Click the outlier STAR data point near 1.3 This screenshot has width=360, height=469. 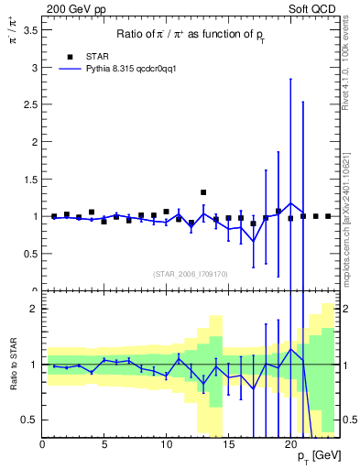203,192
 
